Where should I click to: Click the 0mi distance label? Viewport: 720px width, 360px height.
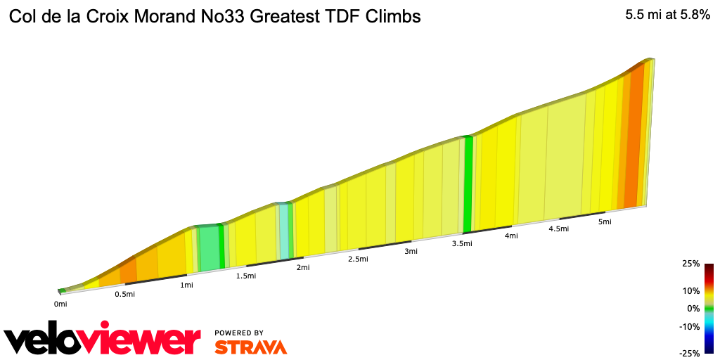pos(60,304)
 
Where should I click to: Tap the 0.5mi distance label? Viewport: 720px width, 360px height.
pos(124,294)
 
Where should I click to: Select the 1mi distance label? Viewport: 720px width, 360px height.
pos(186,285)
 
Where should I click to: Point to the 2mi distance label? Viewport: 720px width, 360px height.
pos(303,267)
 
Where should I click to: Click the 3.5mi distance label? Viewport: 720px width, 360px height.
pos(461,243)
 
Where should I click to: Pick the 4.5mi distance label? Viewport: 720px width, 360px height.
pos(558,229)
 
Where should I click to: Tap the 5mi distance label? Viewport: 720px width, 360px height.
pos(604,221)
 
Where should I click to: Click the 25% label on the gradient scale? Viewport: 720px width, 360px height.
pos(690,264)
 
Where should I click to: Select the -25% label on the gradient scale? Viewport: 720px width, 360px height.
pos(689,353)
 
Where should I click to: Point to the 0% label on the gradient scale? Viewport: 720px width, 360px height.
pos(693,308)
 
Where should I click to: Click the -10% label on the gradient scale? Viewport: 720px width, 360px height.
pos(689,326)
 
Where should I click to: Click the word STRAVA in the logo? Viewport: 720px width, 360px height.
pos(250,347)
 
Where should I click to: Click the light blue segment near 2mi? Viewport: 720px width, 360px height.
pos(284,232)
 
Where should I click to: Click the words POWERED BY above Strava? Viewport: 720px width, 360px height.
pos(239,333)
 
